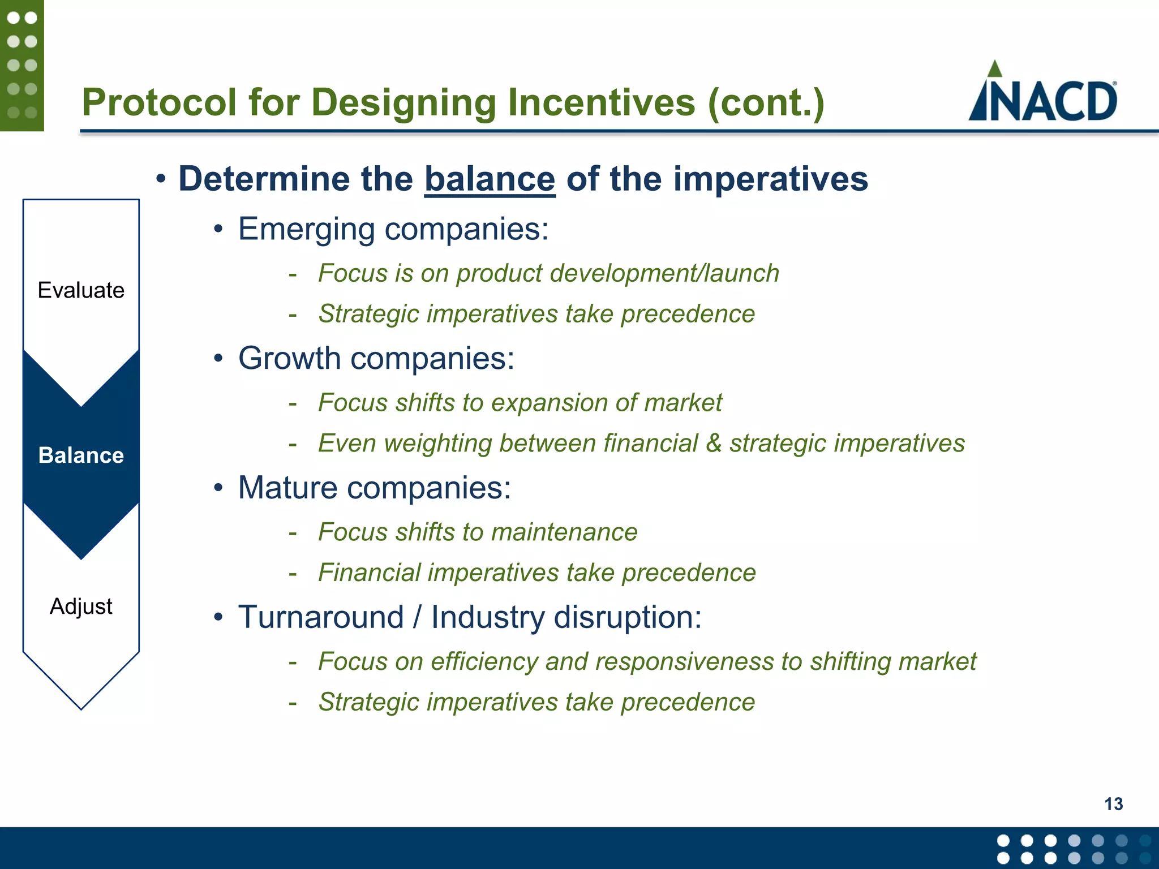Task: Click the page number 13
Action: tap(1113, 804)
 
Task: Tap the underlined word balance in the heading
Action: tap(490, 179)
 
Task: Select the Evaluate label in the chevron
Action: tap(81, 290)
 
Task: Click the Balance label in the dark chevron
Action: tap(81, 455)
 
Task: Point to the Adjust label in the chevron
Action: tap(81, 606)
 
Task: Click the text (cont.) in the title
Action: tap(766, 103)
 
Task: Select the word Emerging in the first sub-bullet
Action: tap(306, 230)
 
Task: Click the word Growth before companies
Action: tap(289, 359)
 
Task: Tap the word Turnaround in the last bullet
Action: tap(321, 617)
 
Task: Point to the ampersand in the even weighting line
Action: tap(714, 444)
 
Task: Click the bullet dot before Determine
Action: tap(161, 180)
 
